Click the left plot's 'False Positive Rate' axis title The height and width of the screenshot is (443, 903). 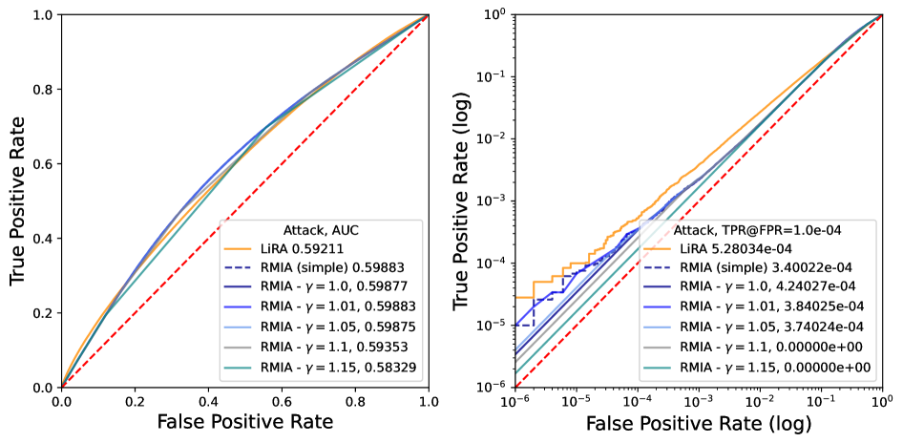coord(245,422)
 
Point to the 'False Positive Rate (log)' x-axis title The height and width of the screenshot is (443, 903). coord(700,422)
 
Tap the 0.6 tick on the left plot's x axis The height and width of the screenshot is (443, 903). coord(282,402)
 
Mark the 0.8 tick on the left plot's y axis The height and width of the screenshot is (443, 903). coord(41,90)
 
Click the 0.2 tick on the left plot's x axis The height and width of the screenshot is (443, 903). coord(135,402)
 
